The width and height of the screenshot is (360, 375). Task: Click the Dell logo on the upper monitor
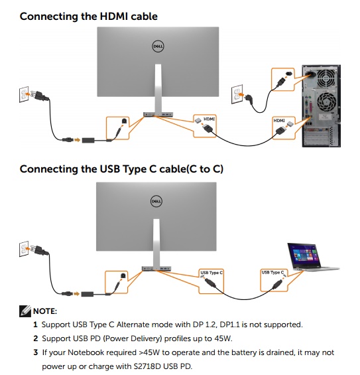tap(158, 46)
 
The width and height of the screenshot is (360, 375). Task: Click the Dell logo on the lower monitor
tap(156, 201)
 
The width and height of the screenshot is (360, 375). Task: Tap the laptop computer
tap(312, 257)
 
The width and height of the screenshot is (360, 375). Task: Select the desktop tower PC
tap(322, 106)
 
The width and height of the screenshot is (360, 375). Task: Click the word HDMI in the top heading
tap(114, 17)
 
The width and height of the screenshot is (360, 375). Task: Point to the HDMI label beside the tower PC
tap(279, 121)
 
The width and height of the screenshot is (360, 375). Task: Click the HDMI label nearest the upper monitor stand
tap(209, 119)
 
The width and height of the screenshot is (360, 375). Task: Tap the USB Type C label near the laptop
tap(272, 272)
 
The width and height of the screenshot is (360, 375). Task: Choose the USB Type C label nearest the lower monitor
tap(211, 272)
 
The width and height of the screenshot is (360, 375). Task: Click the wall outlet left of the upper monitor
tap(24, 94)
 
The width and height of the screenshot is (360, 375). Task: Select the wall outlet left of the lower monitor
tap(24, 249)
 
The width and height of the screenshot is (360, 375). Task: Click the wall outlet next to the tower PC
tap(237, 94)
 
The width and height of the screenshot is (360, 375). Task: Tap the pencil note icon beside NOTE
tap(25, 311)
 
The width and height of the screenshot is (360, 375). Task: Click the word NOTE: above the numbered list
tap(45, 311)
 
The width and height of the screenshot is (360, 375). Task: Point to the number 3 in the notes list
tap(36, 352)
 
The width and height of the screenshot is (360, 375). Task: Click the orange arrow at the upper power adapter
tap(77, 139)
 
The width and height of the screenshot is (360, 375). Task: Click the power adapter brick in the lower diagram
tap(88, 294)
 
